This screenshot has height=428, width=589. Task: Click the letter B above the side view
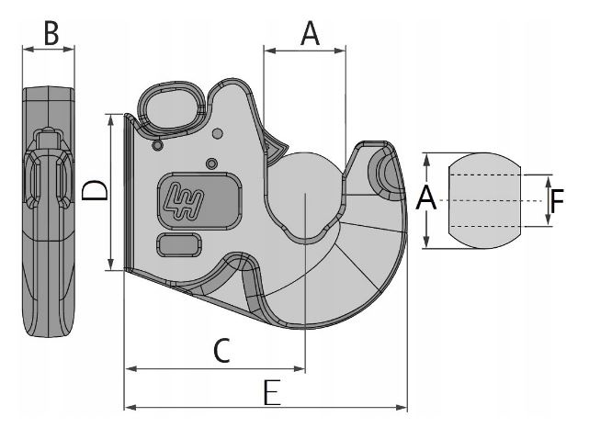coord(51,34)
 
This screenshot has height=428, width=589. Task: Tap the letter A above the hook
coord(311,34)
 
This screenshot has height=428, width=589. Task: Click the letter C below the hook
coord(221,349)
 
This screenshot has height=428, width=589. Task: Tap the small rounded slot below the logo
coord(181,244)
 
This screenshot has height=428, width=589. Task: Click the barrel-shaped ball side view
coord(484,199)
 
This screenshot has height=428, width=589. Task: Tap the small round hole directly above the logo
coord(212,163)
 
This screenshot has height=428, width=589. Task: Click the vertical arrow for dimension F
coord(548,199)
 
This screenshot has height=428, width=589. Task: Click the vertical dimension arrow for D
coord(111,191)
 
